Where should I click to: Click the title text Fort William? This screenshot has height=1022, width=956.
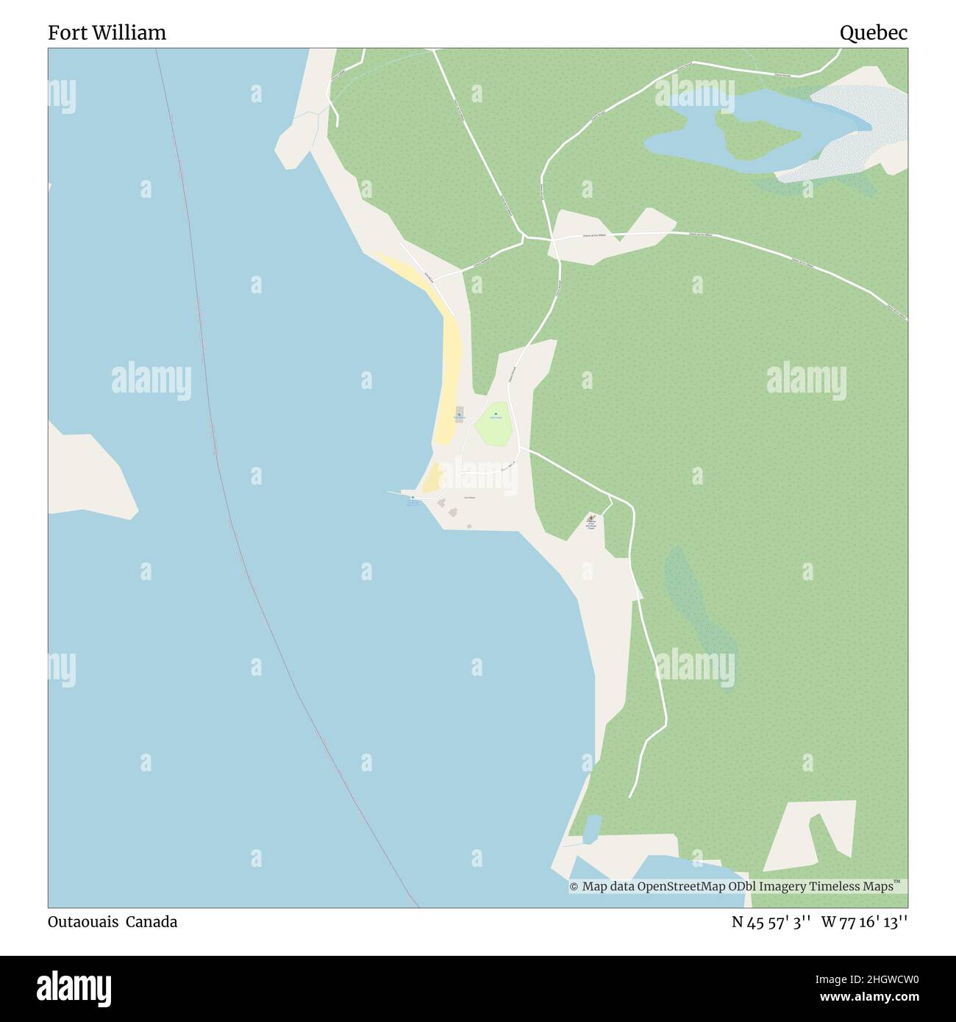coord(107,32)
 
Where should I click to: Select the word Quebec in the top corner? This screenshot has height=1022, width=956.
coord(874,32)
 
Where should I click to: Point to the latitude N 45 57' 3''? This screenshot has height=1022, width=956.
coord(771,921)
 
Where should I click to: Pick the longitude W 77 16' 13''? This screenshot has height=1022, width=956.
coord(864,921)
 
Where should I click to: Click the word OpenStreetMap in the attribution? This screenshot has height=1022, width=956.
coord(681,887)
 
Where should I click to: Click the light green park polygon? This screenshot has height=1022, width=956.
coord(493,425)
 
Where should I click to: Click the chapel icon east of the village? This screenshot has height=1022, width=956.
coord(591,518)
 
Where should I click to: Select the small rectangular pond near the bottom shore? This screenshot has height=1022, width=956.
coord(592,828)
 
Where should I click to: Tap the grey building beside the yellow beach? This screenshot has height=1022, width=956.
coord(460,414)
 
